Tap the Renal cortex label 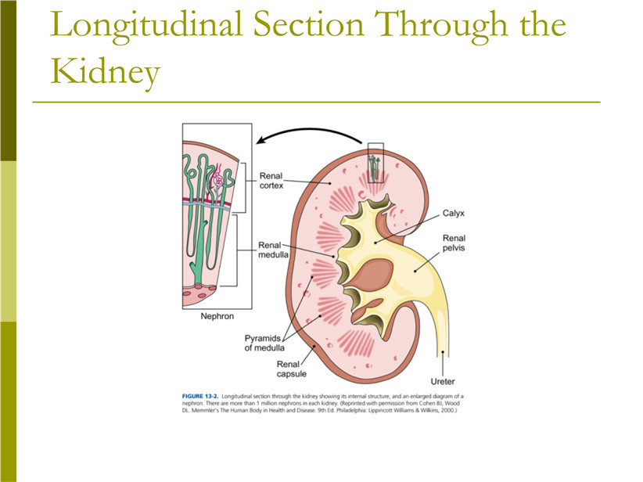click(271, 181)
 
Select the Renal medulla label click(273, 250)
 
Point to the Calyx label click(454, 214)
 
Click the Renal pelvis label click(454, 243)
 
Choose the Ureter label click(443, 382)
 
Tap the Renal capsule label click(291, 369)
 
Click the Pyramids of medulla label click(264, 343)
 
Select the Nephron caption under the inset click(217, 316)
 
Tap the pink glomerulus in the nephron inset click(218, 180)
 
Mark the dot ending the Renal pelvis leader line click(415, 271)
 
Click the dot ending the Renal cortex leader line click(329, 184)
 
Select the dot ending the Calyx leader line click(375, 243)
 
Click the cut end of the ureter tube click(443, 353)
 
